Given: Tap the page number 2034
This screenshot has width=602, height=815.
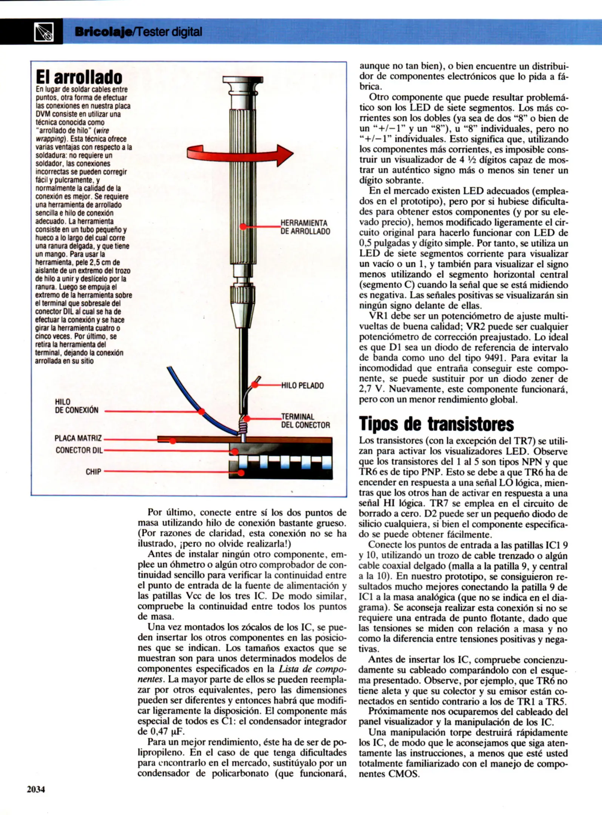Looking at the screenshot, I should (x=36, y=789).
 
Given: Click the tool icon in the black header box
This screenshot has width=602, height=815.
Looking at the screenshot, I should (x=44, y=32).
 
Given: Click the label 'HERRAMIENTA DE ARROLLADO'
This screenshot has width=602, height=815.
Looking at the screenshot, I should (x=305, y=227).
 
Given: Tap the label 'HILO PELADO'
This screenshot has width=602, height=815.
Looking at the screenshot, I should (x=302, y=386).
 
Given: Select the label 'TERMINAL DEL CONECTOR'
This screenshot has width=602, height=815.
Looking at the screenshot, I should (x=305, y=421).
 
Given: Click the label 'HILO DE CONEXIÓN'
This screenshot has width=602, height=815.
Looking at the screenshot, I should (x=77, y=406).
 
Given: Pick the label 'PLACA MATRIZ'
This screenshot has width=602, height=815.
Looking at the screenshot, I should (x=78, y=438).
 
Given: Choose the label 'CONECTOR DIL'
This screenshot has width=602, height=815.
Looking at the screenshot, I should (x=79, y=450).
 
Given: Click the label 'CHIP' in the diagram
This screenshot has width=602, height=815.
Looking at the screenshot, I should (x=93, y=472).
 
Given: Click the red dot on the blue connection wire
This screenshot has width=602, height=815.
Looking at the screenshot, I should (x=202, y=411).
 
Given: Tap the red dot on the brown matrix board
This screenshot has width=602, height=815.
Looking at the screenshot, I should (x=172, y=440).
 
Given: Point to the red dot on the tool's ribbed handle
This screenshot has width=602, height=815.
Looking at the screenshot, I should (x=243, y=226).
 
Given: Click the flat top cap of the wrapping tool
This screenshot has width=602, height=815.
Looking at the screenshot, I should (x=243, y=79).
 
